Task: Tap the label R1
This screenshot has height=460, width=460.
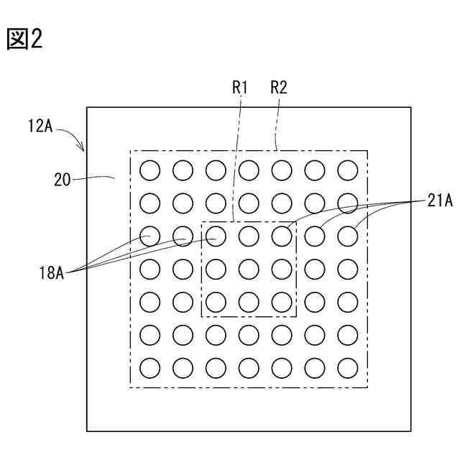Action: click(240, 88)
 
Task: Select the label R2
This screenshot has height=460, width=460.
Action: click(279, 88)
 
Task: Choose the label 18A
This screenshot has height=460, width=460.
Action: click(52, 272)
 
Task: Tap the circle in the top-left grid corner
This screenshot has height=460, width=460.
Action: click(149, 170)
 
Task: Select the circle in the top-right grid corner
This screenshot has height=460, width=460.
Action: click(348, 170)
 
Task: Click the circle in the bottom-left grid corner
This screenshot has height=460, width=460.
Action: click(149, 368)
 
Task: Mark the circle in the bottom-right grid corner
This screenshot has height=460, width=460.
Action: click(348, 368)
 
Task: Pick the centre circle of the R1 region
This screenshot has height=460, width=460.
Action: click(249, 269)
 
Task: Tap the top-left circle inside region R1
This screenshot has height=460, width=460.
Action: click(216, 236)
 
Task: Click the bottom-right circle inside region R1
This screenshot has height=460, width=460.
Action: click(282, 302)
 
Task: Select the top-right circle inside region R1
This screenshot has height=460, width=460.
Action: click(282, 236)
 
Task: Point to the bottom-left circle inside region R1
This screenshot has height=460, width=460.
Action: click(216, 302)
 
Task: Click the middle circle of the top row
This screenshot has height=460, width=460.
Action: click(249, 170)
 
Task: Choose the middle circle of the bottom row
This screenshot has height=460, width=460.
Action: click(249, 368)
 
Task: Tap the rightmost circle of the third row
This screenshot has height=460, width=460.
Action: click(348, 236)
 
